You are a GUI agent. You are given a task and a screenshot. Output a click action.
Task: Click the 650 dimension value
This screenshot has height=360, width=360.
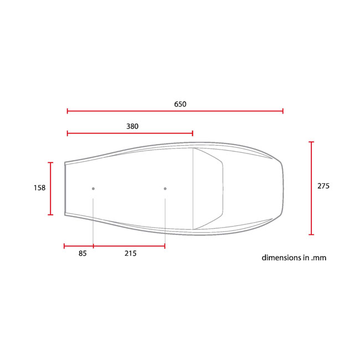coord(180,104)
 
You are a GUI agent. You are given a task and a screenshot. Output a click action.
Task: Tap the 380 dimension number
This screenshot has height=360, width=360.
coord(132,126)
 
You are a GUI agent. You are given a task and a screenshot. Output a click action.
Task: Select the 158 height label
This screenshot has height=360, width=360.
coord(39,188)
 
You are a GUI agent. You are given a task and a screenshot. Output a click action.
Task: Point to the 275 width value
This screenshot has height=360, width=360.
coord(323,186)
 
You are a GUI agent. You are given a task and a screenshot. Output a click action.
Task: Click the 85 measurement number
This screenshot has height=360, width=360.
coord(83,254)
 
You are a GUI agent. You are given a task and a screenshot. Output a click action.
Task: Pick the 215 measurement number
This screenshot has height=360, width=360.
coord(130,254)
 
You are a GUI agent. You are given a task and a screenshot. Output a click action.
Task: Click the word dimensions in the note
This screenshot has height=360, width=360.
coord(281,258)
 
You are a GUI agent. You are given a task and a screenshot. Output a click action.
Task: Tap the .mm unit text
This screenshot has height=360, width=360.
coord(318,258)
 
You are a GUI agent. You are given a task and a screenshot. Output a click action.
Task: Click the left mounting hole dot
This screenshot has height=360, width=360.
coord(93,189)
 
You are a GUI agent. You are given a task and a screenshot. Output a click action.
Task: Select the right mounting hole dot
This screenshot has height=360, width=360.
coord(165,189)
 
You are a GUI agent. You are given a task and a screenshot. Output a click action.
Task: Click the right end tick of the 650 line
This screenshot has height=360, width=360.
coord(283,111)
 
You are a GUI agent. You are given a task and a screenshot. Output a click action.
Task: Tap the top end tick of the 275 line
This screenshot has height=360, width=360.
coord(311,142)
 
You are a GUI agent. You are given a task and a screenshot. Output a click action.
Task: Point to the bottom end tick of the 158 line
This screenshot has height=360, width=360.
coord(51,214)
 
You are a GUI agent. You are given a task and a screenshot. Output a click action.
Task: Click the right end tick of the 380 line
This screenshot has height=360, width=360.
coord(192,133)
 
